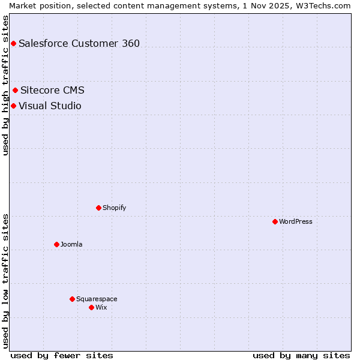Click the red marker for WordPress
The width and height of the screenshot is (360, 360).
(x=275, y=221)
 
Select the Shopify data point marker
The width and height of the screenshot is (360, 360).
(x=98, y=208)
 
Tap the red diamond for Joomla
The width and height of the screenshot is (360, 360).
(x=56, y=244)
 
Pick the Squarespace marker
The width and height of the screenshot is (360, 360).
(x=72, y=299)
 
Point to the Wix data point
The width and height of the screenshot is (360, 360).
(x=91, y=307)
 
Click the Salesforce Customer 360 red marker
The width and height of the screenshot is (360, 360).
(x=13, y=43)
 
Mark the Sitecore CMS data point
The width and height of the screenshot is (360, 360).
(x=15, y=91)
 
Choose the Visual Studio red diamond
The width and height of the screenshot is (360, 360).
(x=13, y=106)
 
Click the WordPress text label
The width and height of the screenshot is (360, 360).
(x=296, y=221)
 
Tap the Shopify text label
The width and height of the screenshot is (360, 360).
(x=114, y=208)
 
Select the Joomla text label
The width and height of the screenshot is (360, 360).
(x=71, y=244)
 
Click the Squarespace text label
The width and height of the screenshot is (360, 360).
(x=97, y=299)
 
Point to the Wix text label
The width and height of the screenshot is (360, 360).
(x=101, y=307)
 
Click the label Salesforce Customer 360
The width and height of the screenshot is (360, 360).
(x=79, y=43)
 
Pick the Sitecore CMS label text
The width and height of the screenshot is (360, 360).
(x=52, y=91)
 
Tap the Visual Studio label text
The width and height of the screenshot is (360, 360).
(x=50, y=106)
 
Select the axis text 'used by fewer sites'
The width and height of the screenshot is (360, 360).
(x=62, y=355)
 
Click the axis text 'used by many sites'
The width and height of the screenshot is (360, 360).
(x=301, y=355)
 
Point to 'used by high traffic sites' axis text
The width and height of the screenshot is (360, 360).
(x=5, y=85)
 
